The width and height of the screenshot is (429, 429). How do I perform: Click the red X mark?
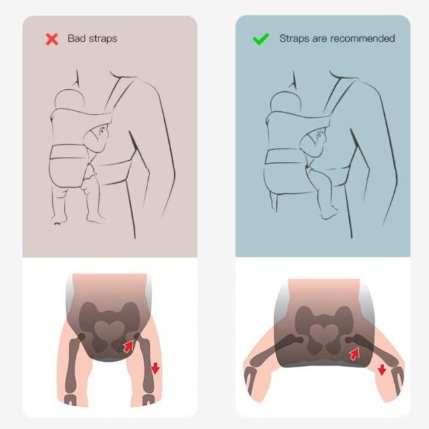click(52, 39)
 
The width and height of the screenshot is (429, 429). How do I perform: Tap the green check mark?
click(261, 39)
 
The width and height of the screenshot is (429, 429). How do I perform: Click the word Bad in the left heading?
click(76, 38)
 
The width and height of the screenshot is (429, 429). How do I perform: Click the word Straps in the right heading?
click(294, 39)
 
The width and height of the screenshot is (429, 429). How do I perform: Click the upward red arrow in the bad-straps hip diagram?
click(128, 346)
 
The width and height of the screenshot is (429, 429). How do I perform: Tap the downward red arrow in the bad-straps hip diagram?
click(155, 368)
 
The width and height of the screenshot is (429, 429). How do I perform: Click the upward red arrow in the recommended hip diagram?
click(355, 354)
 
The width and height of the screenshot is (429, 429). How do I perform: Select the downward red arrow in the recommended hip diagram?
click(381, 369)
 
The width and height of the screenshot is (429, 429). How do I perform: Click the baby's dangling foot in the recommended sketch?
click(328, 212)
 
